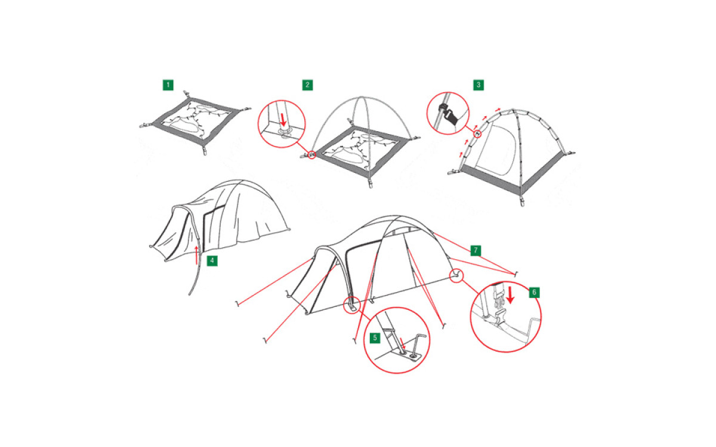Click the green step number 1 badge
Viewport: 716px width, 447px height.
pyautogui.click(x=168, y=85)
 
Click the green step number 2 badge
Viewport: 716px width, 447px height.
pyautogui.click(x=307, y=85)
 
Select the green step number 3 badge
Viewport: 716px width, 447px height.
pyautogui.click(x=479, y=85)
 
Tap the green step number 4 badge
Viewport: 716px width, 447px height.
pyautogui.click(x=212, y=260)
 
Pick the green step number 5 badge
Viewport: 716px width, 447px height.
pyautogui.click(x=375, y=338)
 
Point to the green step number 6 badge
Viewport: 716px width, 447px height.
pyautogui.click(x=534, y=293)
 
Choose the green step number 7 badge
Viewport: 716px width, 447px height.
pyautogui.click(x=476, y=250)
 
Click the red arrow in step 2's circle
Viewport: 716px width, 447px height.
pyautogui.click(x=283, y=119)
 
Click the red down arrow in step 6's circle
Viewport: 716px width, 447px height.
pyautogui.click(x=511, y=295)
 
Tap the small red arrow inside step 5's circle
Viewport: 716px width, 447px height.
pyautogui.click(x=403, y=343)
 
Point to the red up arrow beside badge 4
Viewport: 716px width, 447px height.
pyautogui.click(x=196, y=255)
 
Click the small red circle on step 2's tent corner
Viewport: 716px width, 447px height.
pyautogui.click(x=312, y=155)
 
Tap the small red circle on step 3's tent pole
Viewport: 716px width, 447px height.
pyautogui.click(x=477, y=134)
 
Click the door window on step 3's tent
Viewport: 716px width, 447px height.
pyautogui.click(x=495, y=150)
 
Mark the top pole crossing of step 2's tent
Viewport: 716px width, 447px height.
pyautogui.click(x=361, y=97)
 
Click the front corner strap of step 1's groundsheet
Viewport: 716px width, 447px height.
pyautogui.click(x=205, y=150)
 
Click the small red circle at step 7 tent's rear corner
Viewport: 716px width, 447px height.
pyautogui.click(x=456, y=275)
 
